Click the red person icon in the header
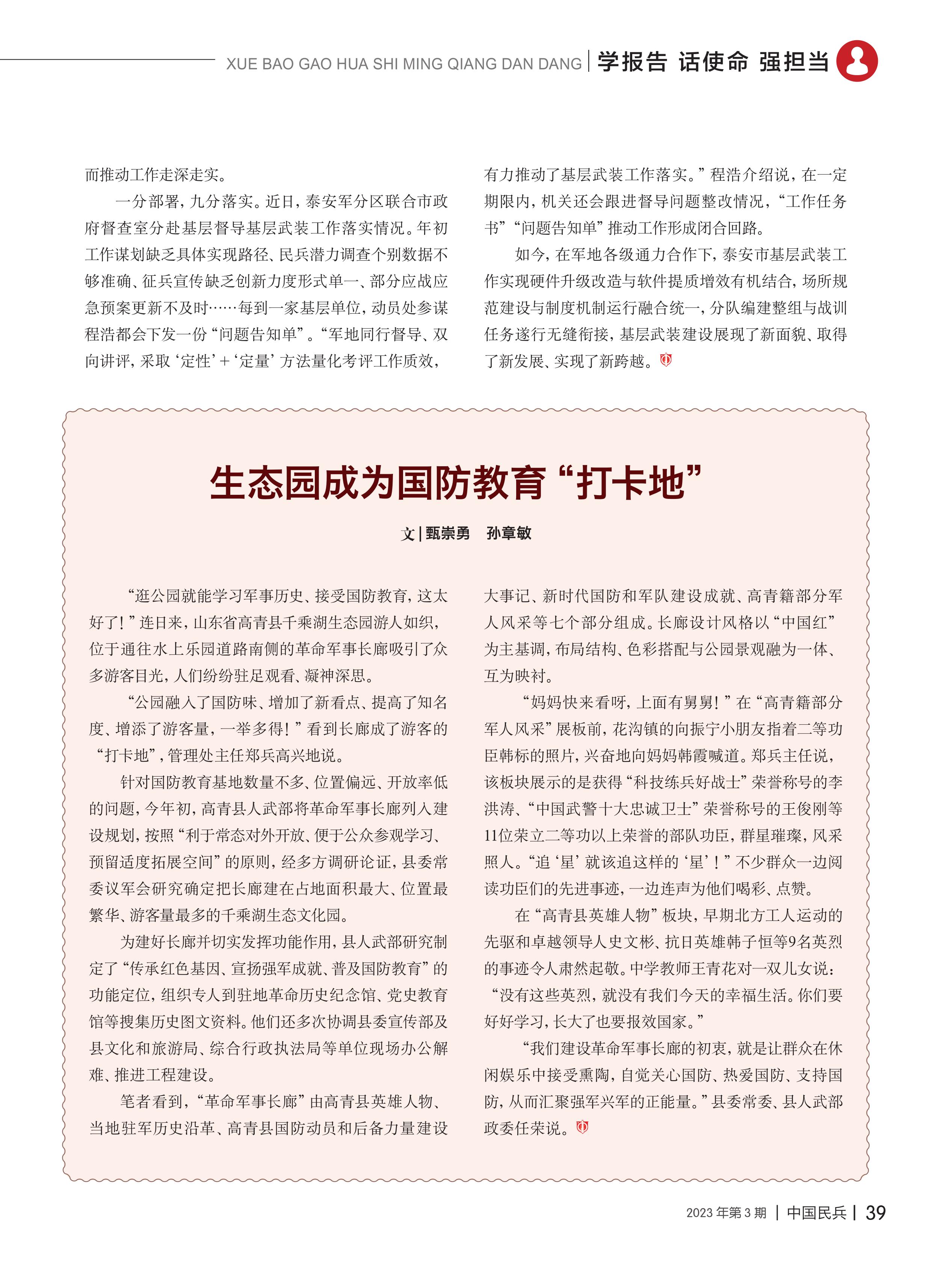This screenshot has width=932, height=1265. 856,61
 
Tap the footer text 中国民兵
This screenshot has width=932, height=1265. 816,1212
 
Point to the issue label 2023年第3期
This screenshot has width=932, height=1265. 726,1212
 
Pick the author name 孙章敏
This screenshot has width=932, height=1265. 509,533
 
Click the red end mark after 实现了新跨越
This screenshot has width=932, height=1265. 666,360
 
